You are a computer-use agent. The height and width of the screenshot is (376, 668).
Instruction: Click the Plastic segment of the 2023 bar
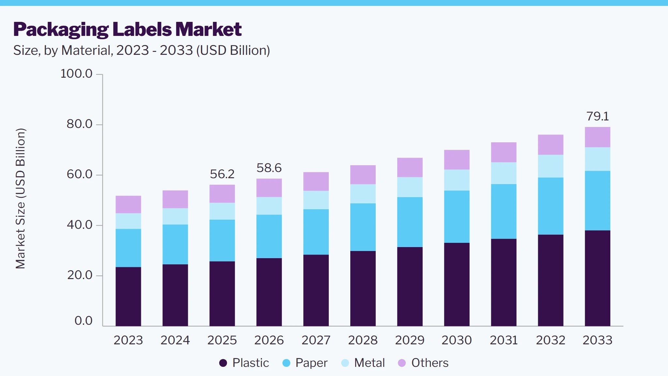[x=128, y=296]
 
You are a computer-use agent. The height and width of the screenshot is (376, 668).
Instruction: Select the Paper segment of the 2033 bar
[x=598, y=201]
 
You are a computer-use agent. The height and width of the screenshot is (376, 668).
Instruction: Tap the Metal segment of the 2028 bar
[x=363, y=194]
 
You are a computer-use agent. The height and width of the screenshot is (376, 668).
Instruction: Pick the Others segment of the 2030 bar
[x=457, y=160]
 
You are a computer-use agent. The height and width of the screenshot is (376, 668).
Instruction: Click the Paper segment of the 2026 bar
[x=269, y=236]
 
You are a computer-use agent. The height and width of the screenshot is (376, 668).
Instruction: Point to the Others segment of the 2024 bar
[x=175, y=199]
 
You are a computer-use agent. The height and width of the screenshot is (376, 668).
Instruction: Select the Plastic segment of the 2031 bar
[x=504, y=282]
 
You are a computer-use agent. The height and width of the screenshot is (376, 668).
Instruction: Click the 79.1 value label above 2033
[x=598, y=116]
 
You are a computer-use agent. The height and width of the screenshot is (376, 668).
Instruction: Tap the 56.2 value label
[x=222, y=174]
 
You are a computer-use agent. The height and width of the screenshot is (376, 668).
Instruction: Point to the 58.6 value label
[x=269, y=168]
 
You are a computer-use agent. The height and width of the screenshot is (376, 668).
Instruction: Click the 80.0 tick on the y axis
[x=80, y=124]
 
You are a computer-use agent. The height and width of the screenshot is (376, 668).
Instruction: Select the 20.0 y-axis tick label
[x=80, y=275]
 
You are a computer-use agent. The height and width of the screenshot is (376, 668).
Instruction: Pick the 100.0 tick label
[x=77, y=73]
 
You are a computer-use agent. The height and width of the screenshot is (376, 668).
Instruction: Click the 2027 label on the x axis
[x=316, y=340]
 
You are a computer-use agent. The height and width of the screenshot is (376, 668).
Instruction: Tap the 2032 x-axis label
[x=551, y=340]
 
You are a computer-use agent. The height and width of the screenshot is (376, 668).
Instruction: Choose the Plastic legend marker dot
[x=223, y=363]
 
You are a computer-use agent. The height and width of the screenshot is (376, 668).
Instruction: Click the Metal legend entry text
[x=370, y=363]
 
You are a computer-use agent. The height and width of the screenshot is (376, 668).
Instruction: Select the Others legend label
[x=430, y=363]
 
